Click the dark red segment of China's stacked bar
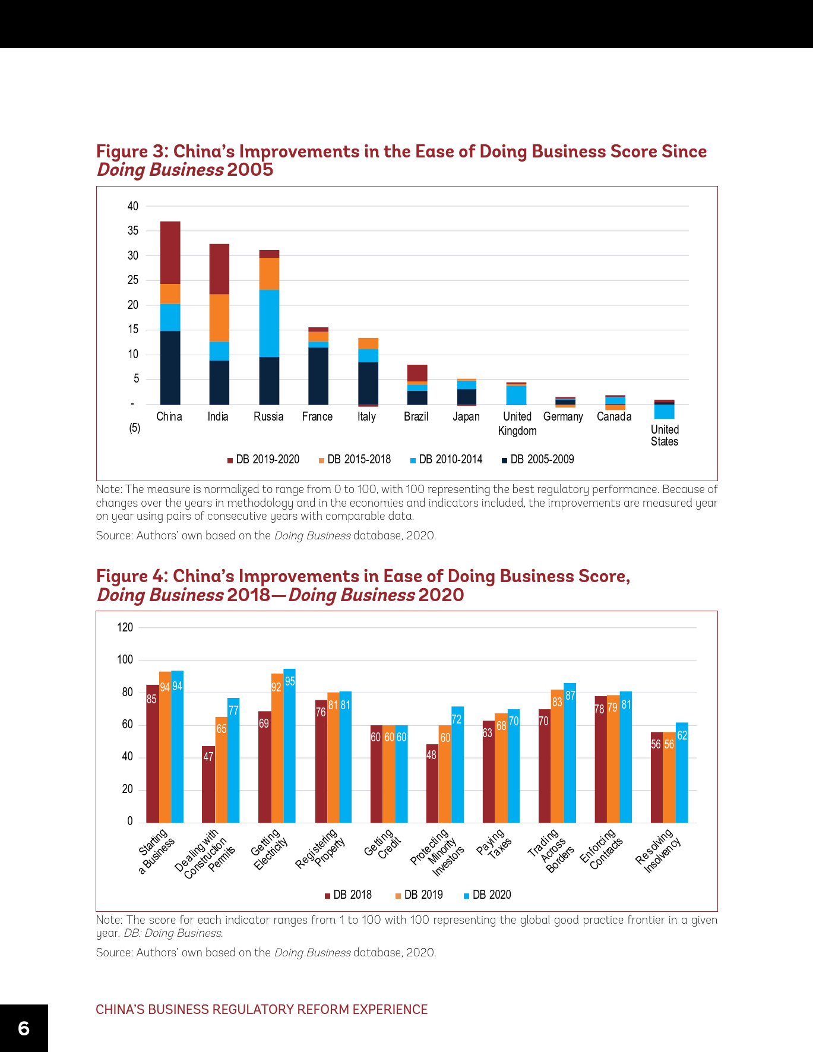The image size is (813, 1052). (170, 252)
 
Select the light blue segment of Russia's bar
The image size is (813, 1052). (269, 323)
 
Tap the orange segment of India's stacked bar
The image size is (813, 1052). (219, 318)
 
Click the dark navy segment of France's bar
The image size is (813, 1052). (318, 375)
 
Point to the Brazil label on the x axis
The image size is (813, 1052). (416, 416)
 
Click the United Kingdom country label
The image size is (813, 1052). (517, 423)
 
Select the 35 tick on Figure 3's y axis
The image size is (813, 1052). (133, 230)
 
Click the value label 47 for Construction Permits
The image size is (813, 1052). (208, 757)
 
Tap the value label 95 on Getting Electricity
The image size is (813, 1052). (290, 681)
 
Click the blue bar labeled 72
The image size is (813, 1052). (457, 766)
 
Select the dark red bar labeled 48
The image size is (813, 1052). (432, 784)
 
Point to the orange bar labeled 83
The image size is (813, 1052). (557, 757)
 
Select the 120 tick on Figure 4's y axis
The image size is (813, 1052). (125, 627)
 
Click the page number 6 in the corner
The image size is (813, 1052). (24, 1028)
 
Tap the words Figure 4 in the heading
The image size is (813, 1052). (131, 576)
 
